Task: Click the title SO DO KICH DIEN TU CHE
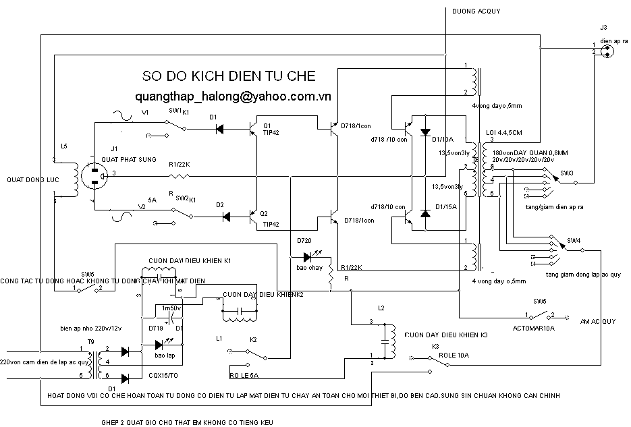(229, 75)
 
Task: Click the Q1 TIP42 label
(271, 130)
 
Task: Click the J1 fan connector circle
(94, 175)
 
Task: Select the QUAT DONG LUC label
(29, 180)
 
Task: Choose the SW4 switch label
(573, 241)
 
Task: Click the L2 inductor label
(381, 308)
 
